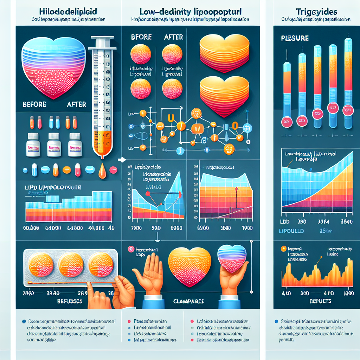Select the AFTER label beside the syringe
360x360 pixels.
[x=76, y=104]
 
